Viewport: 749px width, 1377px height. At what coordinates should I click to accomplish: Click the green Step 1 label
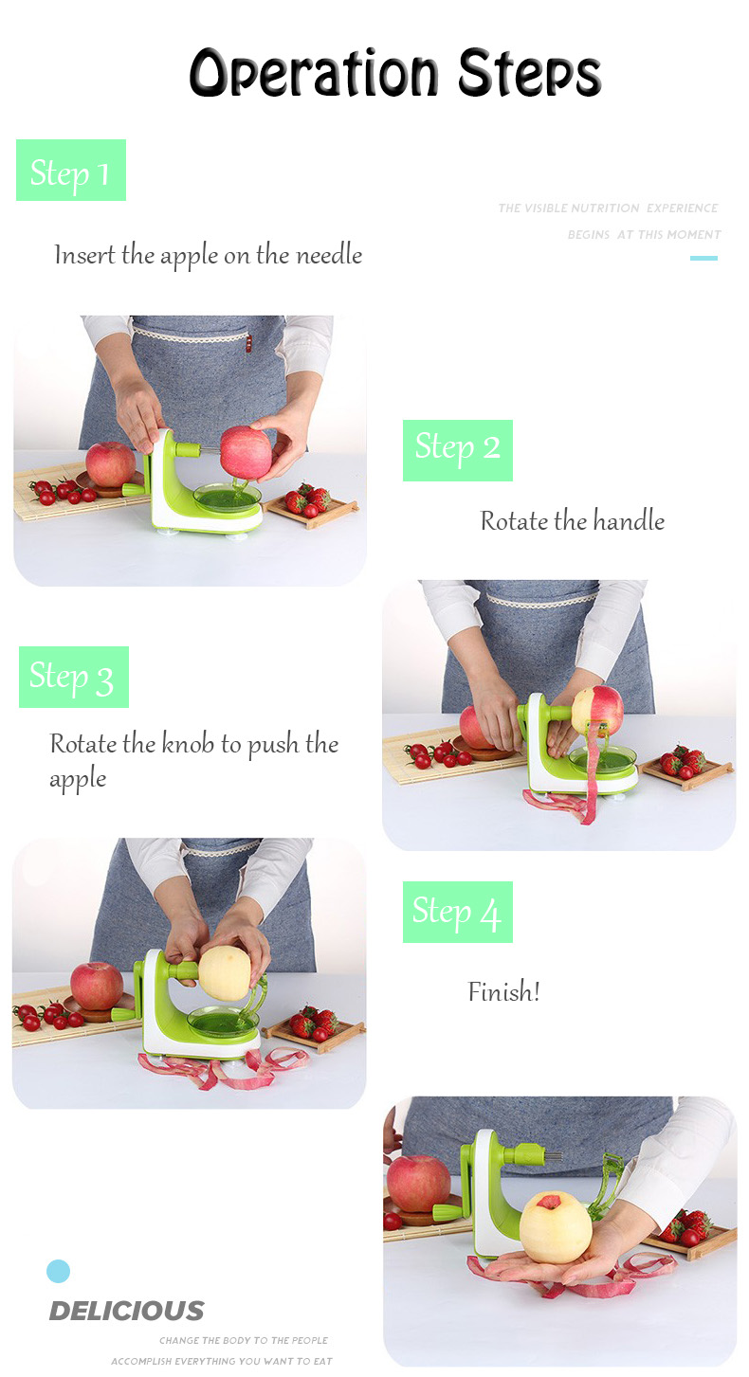pos(71,170)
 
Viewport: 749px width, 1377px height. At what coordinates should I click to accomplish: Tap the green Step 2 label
pos(458,450)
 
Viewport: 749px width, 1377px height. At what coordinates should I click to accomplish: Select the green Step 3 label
pos(74,677)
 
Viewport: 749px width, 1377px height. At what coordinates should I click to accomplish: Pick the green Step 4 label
pos(458,912)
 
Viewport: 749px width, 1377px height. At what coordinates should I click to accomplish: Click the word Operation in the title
pos(314,74)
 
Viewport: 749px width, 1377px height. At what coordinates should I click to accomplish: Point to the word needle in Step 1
pos(329,255)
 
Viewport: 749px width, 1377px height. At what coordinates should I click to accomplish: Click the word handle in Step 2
pos(629,520)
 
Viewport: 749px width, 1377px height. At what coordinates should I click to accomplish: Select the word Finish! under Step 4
pos(503,991)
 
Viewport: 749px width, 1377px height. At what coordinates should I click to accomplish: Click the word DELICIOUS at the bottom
pos(127,1311)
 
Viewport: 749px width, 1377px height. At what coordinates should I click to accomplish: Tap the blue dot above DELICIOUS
pos(59,1271)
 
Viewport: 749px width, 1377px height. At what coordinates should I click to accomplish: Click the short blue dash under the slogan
pos(704,258)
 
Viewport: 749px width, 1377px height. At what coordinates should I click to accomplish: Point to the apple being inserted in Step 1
pos(246,452)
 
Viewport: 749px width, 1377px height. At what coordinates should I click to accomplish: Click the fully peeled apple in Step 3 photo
pos(225,972)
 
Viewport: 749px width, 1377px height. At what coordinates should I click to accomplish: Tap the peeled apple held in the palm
pos(556,1227)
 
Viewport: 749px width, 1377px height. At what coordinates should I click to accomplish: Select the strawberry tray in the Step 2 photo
pos(685,770)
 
